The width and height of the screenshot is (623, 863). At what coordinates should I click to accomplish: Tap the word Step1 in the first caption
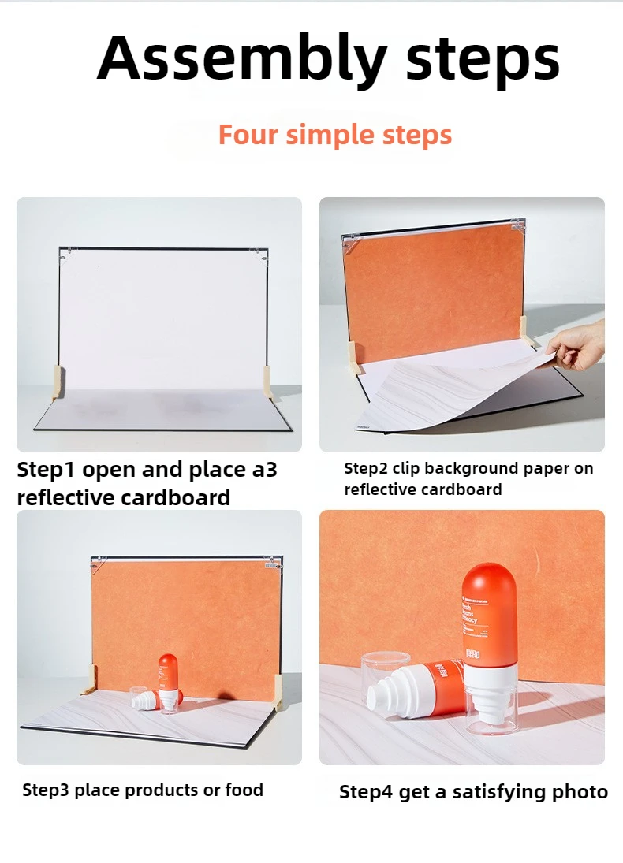(x=47, y=471)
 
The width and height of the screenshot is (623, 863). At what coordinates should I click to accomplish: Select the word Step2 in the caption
(x=368, y=469)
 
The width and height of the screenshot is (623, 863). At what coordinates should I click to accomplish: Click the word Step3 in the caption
(x=48, y=790)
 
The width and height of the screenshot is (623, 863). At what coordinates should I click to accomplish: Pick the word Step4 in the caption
(x=367, y=792)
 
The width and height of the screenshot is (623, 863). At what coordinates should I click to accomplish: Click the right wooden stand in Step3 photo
(x=278, y=693)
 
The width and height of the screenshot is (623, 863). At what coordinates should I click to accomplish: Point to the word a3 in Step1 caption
(x=263, y=471)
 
